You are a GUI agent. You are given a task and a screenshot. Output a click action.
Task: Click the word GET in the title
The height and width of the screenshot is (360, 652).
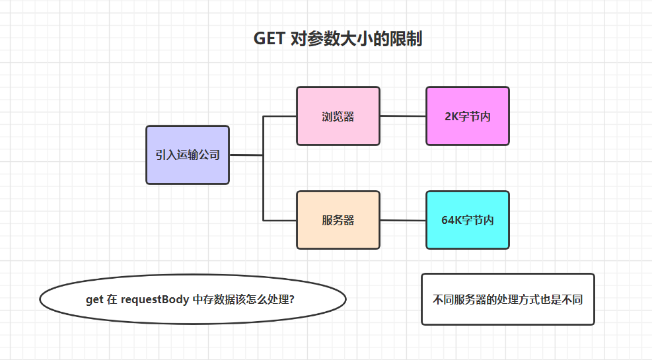click(270, 39)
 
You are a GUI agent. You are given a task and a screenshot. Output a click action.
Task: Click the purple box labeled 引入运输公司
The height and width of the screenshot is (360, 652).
click(188, 155)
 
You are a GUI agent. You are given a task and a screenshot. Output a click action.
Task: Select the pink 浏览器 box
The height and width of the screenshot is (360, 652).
click(338, 116)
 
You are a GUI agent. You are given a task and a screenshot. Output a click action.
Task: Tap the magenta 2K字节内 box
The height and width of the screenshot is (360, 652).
click(468, 116)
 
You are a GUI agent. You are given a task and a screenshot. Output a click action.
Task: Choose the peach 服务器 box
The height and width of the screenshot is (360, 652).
click(338, 220)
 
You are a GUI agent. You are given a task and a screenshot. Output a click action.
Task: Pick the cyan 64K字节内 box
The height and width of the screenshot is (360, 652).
click(468, 220)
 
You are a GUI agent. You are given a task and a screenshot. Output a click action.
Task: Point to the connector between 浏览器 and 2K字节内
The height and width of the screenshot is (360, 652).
click(403, 116)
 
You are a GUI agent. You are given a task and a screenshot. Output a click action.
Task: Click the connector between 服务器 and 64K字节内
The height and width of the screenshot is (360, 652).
click(403, 220)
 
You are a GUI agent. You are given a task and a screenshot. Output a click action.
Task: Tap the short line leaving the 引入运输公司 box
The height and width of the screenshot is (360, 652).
click(246, 155)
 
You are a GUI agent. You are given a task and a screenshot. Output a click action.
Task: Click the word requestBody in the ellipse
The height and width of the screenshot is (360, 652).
click(155, 299)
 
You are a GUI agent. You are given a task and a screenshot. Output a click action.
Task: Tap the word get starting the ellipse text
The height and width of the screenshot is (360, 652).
click(94, 299)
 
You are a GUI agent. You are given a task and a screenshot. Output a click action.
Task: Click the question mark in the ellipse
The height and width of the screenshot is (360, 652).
click(292, 299)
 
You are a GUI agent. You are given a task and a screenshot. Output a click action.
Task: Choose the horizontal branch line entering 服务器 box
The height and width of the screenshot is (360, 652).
click(280, 220)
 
